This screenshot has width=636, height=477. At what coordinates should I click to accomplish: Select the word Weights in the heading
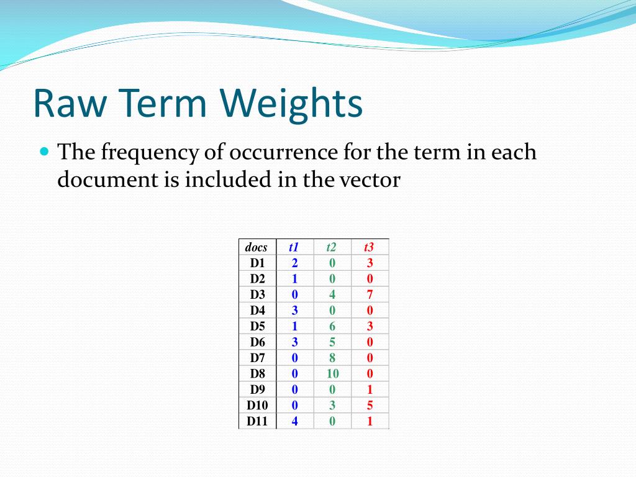pos(291,104)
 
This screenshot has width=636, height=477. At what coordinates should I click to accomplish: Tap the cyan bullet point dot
pos(45,152)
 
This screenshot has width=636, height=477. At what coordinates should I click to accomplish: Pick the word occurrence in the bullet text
pos(283,152)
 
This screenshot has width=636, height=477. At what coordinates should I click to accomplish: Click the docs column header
pos(257,247)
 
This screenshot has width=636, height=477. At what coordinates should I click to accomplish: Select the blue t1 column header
pos(294,247)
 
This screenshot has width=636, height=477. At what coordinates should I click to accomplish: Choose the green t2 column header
pos(332,247)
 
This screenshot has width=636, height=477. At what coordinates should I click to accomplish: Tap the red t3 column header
pos(369,247)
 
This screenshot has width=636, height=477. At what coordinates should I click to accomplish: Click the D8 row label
pos(258,373)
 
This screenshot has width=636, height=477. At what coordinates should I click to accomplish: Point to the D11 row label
pos(257,421)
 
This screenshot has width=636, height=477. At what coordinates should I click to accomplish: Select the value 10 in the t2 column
pos(333,373)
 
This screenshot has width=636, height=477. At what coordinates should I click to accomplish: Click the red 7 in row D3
pos(370,294)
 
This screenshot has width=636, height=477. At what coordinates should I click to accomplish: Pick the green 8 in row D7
pos(332,358)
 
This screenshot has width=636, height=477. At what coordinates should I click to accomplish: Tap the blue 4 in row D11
pos(294,421)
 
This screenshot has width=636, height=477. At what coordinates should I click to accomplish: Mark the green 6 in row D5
pos(332,326)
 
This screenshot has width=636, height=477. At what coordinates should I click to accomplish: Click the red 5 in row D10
pos(370,405)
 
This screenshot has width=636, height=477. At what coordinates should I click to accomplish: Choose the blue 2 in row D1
pos(294,263)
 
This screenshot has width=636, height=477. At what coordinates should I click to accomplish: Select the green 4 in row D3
pos(332,294)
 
